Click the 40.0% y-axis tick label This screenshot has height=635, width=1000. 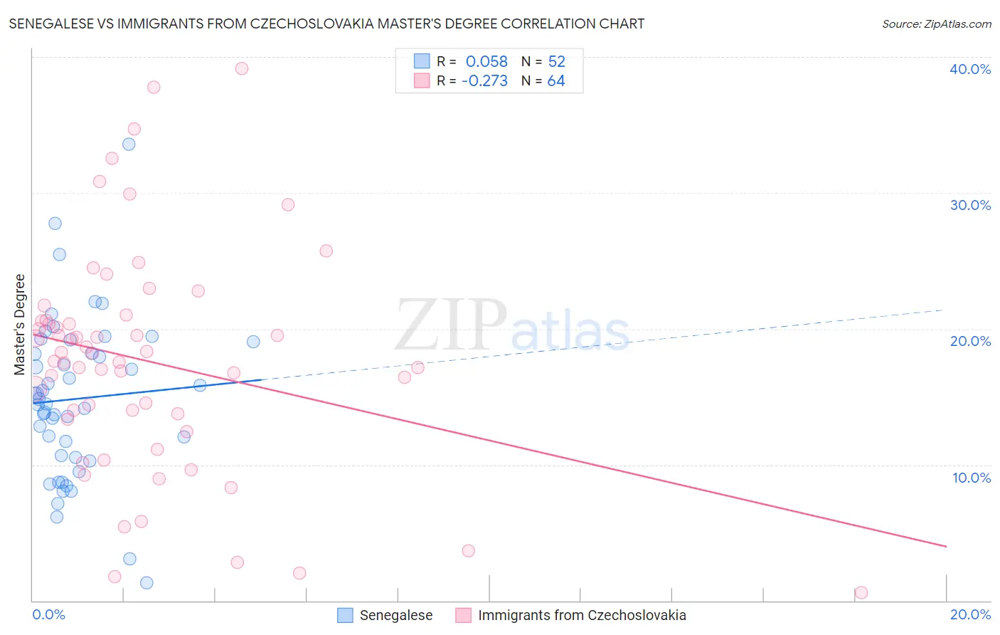click(x=969, y=69)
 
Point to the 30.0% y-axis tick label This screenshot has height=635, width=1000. click(x=969, y=205)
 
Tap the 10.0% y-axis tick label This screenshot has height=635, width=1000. click(x=971, y=478)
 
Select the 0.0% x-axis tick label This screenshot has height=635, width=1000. click(x=48, y=614)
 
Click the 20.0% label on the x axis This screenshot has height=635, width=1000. click(x=970, y=614)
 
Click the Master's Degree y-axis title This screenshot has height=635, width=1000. click(x=20, y=325)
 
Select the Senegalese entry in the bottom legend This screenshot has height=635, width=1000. click(x=395, y=615)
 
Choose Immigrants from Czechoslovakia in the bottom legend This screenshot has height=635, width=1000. click(x=582, y=615)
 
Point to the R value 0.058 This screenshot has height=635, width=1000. click(x=486, y=61)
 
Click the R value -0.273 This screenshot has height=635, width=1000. click(x=484, y=81)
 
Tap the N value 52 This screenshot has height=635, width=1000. click(x=556, y=61)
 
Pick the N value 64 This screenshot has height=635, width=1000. click(x=556, y=81)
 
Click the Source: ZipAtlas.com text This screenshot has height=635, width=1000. click(x=936, y=24)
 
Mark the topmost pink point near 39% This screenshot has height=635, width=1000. click(x=242, y=68)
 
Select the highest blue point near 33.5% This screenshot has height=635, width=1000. click(x=129, y=144)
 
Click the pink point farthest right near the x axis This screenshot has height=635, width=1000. click(x=861, y=592)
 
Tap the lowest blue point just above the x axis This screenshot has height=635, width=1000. click(x=147, y=583)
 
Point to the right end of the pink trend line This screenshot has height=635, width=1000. click(x=946, y=546)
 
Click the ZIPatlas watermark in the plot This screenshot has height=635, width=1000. click(x=512, y=325)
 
